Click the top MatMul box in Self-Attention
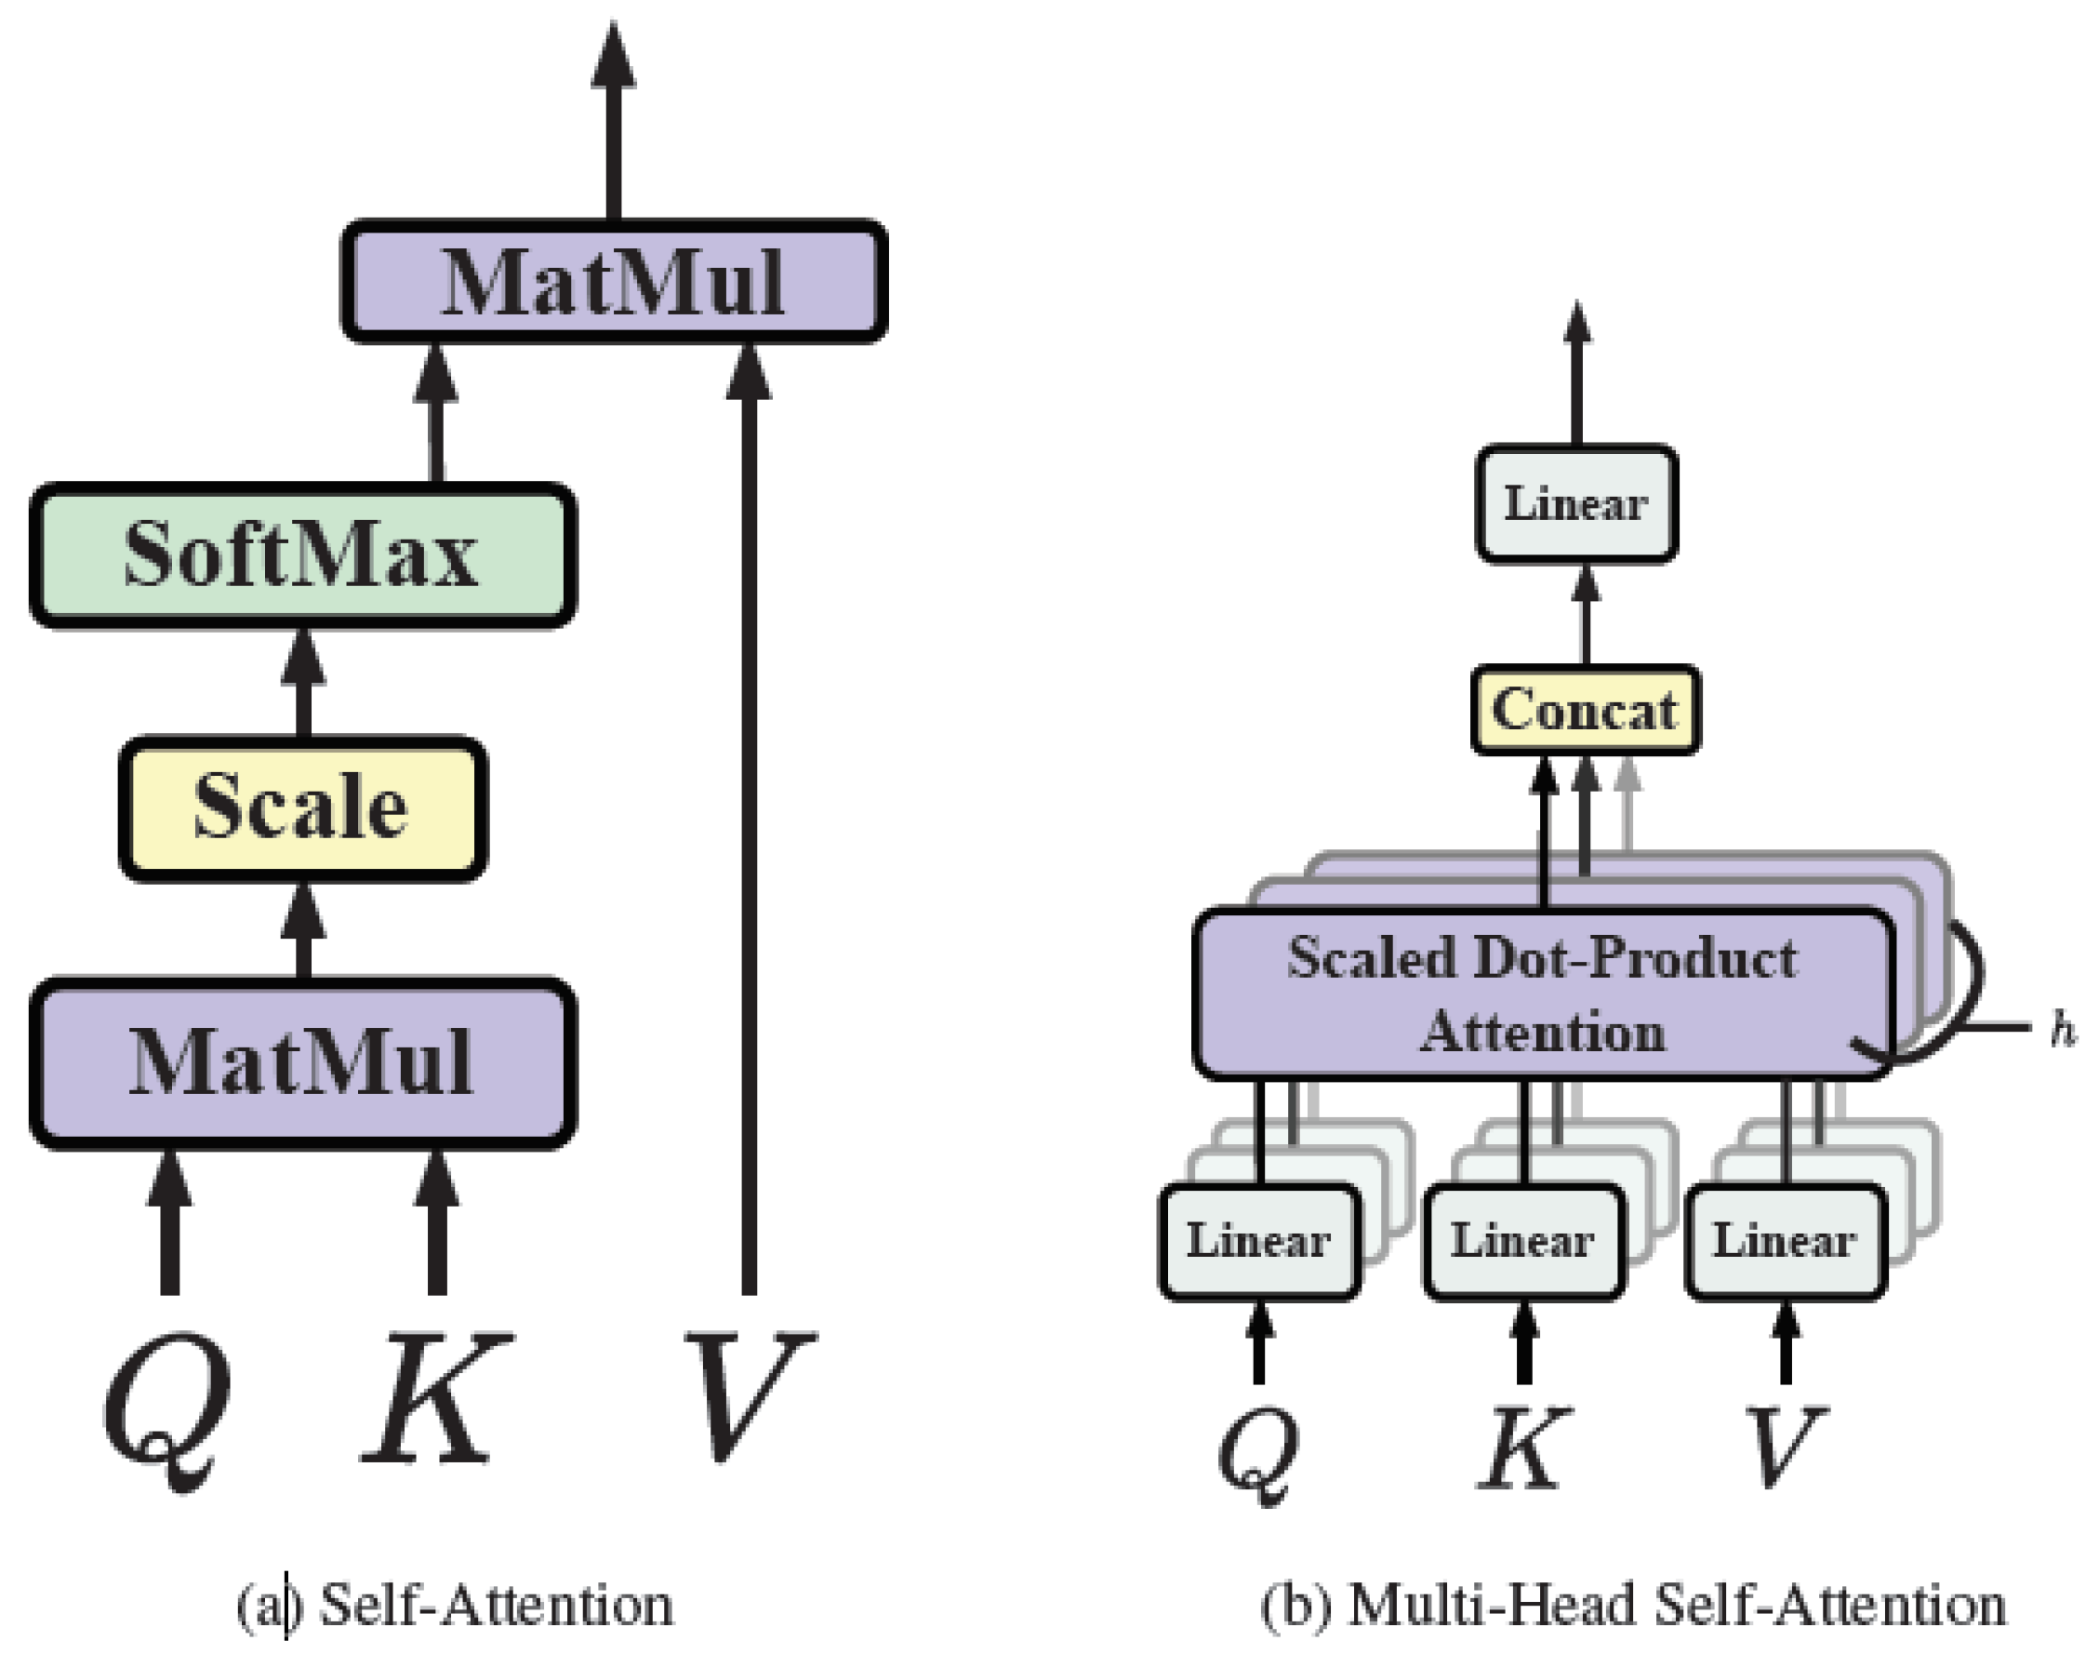615,282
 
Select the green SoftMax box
303,554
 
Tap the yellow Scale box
303,807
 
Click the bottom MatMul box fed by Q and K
303,1062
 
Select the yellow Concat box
1585,710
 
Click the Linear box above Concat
1576,503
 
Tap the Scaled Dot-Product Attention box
1542,994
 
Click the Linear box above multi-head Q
1258,1242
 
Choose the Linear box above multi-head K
1522,1242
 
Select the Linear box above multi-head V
1786,1242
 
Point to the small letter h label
2062,1031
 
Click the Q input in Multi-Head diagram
1257,1449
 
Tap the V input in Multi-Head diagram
1786,1445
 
